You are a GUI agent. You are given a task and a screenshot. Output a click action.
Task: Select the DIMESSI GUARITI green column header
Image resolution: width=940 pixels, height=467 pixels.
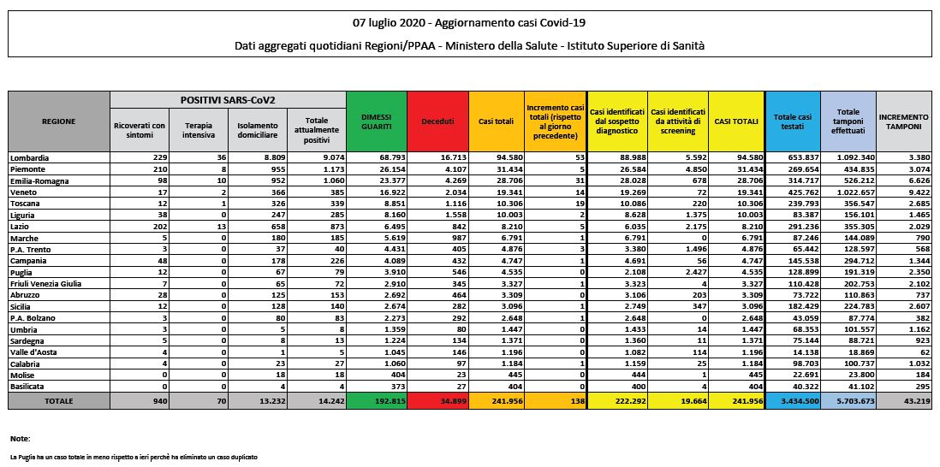[377, 121]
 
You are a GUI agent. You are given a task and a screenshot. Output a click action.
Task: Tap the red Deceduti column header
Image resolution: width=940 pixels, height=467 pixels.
[437, 121]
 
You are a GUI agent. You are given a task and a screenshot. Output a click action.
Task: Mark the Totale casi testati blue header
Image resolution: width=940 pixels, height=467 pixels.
[792, 121]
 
